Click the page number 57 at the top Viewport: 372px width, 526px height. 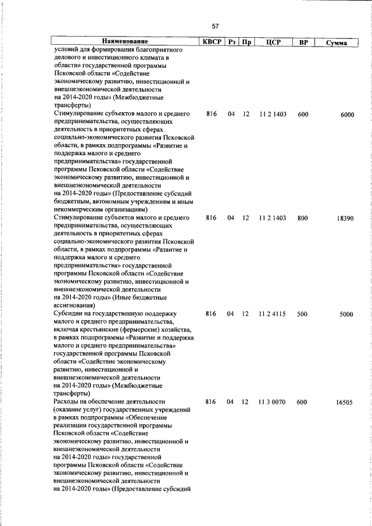point(215,26)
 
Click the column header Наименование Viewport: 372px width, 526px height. point(124,42)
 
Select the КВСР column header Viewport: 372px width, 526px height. point(210,42)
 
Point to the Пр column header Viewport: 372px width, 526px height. point(246,42)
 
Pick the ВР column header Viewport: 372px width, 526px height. point(303,42)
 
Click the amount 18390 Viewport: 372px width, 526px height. point(345,218)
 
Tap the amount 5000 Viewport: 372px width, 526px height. point(346,314)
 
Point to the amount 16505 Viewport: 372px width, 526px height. point(344,402)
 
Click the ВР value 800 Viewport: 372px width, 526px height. point(303,218)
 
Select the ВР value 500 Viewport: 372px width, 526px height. point(302,314)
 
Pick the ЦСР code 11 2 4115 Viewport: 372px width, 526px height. point(273,314)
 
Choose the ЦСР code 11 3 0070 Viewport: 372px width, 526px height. point(273,402)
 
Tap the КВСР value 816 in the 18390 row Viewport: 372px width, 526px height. point(211,218)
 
